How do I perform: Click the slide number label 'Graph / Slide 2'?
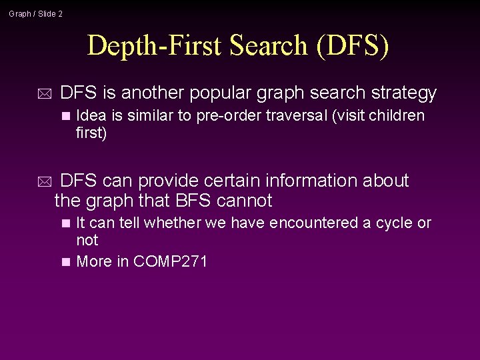35,13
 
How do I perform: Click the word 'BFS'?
193,201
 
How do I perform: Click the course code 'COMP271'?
171,261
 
